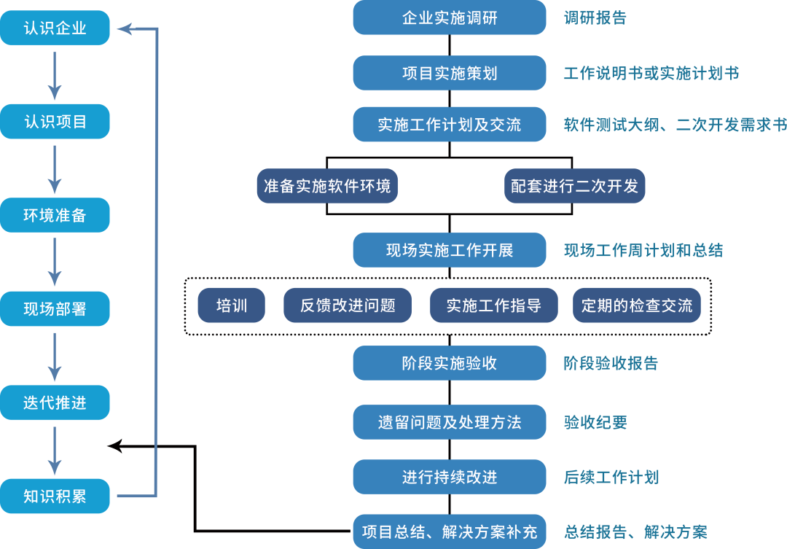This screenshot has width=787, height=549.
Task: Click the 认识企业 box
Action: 55,28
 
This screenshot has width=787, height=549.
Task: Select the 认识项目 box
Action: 55,122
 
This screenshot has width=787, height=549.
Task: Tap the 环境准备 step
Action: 55,215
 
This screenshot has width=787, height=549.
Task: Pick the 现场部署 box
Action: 55,308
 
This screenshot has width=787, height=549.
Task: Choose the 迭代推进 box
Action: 55,402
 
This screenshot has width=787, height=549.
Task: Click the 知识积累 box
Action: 55,497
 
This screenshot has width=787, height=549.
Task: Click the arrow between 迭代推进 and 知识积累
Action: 55,449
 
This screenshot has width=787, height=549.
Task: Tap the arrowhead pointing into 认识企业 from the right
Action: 124,28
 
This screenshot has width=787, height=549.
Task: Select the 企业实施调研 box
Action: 449,17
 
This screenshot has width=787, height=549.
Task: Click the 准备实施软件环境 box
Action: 327,186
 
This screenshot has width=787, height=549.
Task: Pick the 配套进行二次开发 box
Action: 574,186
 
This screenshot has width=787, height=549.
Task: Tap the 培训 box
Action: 231,305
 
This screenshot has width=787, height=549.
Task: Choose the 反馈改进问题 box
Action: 348,305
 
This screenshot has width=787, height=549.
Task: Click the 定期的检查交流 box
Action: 636,305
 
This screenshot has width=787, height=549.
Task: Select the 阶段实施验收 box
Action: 449,363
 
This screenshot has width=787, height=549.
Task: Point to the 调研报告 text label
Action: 595,18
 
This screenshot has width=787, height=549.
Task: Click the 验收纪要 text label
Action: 595,422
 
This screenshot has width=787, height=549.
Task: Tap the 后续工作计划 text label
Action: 611,478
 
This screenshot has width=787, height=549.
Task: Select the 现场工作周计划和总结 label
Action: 643,251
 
